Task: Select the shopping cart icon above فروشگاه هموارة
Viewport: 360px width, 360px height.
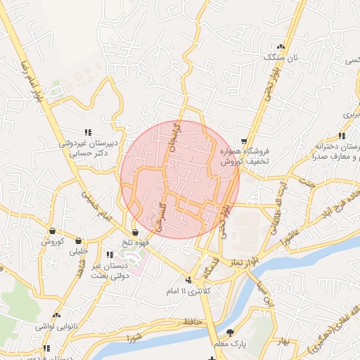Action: point(244,141)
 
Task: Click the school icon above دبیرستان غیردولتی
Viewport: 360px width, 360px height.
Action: point(89,131)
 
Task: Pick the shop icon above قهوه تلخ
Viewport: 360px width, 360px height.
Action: point(135,231)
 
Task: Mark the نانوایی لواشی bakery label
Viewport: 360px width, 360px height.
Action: point(56,328)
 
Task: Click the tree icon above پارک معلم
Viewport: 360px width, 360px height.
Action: point(231,332)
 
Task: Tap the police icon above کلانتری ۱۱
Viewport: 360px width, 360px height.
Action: point(186,280)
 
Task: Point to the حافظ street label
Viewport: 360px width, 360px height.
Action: point(193,321)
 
